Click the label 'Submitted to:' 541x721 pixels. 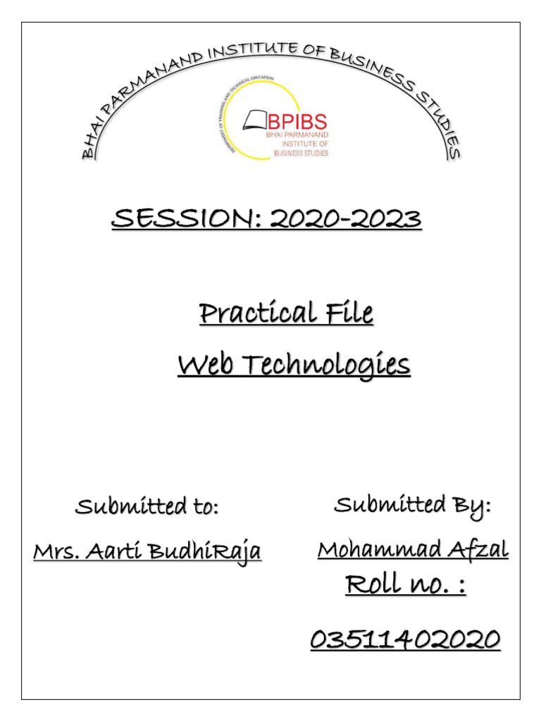tap(147, 507)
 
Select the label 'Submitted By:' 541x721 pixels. tap(413, 506)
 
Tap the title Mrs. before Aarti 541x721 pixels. tap(56, 551)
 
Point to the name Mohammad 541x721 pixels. tap(380, 549)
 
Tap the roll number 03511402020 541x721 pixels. tap(406, 640)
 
